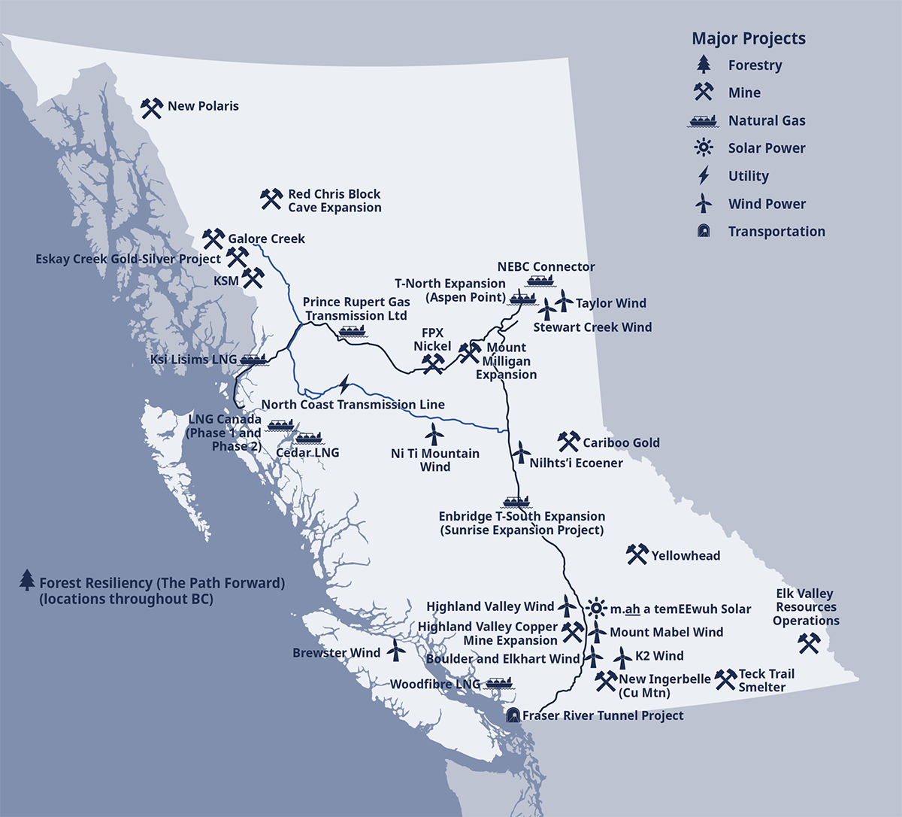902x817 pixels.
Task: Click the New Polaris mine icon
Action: [152, 108]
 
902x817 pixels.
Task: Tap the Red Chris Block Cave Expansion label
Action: [334, 201]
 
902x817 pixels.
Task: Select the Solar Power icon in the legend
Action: [704, 148]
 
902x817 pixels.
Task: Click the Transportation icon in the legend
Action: [704, 232]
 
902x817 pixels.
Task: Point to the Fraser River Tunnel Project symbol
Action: [513, 715]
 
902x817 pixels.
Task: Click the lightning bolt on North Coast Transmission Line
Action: [344, 385]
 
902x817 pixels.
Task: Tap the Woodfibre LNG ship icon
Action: [498, 683]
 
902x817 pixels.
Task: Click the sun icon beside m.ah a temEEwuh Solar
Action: [596, 608]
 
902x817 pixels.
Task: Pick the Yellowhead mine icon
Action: [637, 555]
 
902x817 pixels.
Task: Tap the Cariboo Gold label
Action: [621, 443]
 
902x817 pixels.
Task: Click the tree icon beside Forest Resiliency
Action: [27, 580]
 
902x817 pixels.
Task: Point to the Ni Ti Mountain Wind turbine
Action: [434, 434]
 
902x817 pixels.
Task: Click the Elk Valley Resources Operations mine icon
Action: [809, 643]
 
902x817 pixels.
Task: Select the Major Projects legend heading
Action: [748, 38]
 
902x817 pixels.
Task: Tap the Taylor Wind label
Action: [610, 303]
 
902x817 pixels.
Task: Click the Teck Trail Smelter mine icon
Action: [725, 679]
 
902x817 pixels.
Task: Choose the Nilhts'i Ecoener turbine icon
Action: [519, 453]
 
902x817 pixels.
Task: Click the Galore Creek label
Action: [266, 239]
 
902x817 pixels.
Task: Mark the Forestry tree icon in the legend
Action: [704, 65]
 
